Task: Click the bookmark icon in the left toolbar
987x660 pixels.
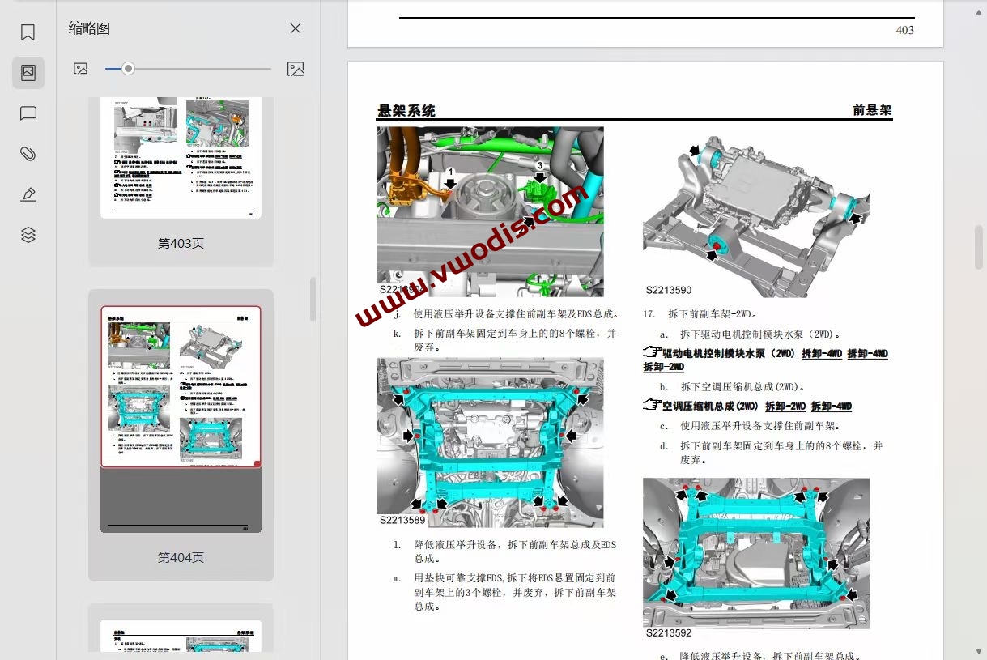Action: point(28,32)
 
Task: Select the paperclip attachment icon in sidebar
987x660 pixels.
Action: point(28,154)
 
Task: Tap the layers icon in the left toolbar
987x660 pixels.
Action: point(28,235)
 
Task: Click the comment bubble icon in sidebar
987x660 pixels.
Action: point(28,113)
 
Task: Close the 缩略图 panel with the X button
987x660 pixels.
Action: point(296,28)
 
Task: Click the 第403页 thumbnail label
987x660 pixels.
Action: point(181,243)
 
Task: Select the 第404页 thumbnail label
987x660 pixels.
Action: point(181,557)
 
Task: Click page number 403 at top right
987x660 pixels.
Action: point(904,30)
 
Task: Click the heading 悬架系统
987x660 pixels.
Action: point(406,111)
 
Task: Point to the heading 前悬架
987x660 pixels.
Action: point(871,110)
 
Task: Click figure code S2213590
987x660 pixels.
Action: point(668,290)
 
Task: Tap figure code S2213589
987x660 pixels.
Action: point(402,520)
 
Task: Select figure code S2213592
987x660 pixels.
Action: point(668,633)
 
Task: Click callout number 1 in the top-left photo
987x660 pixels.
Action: point(451,172)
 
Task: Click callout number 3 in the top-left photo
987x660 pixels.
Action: point(540,165)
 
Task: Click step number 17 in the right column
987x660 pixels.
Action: point(649,313)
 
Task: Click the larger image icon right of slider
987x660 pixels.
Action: point(296,69)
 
